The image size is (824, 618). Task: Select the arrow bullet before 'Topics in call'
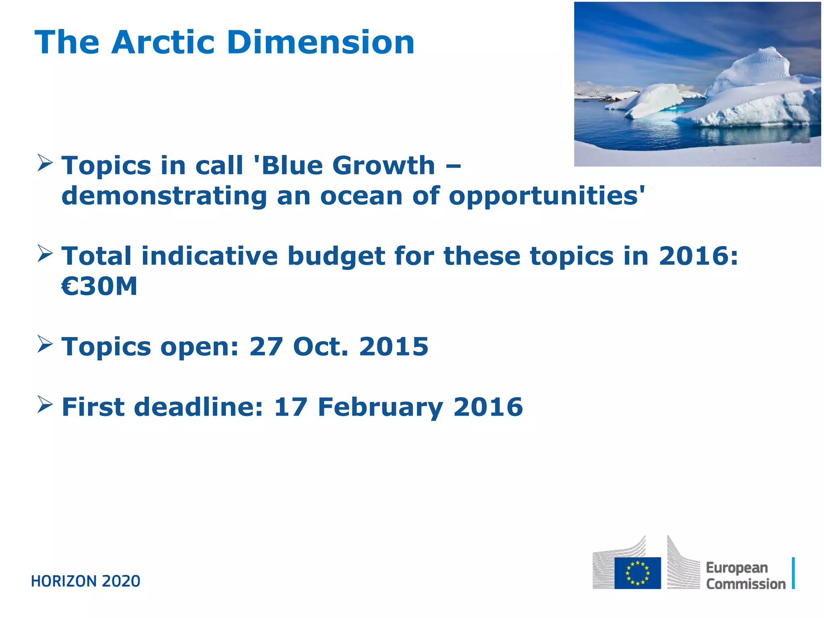(45, 163)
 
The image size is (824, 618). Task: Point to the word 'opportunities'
(546, 196)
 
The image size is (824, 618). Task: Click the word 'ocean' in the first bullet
(361, 196)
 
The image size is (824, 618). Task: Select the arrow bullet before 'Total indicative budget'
(45, 253)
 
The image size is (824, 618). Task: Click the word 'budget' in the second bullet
(336, 256)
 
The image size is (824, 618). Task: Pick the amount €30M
(99, 286)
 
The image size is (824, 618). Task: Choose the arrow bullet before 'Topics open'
(45, 344)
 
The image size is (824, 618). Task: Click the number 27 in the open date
(266, 346)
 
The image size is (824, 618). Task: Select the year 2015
(393, 346)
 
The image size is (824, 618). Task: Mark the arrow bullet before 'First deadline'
(45, 404)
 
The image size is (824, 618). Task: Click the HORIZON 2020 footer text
(86, 581)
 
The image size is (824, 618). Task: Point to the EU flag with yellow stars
(637, 573)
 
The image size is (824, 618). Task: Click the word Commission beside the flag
(746, 584)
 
